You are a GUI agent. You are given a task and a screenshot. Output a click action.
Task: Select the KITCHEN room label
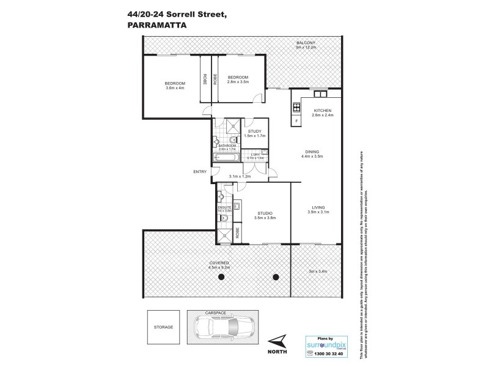coord(322,111)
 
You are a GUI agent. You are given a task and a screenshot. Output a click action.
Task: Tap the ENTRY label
coord(199,171)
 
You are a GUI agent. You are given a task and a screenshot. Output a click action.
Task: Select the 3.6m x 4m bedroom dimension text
coord(175,88)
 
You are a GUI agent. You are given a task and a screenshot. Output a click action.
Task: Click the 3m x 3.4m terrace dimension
coord(318,270)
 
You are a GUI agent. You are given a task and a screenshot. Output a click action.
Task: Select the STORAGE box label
coord(163,327)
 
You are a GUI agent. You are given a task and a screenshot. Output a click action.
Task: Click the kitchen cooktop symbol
coord(297,108)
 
